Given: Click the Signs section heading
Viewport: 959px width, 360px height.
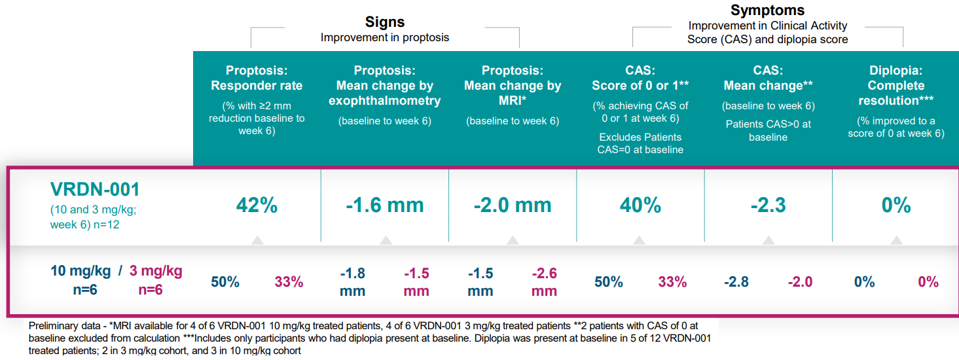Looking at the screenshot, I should point(384,22).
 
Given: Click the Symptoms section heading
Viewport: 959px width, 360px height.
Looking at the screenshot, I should point(767,10).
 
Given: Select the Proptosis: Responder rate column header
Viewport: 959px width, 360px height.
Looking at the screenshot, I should point(257,78).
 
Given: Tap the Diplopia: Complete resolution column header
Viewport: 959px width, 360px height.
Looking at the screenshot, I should point(896,85).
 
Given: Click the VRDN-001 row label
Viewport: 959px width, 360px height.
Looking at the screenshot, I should point(95,189).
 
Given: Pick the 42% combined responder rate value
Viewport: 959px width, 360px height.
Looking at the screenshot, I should point(257,206).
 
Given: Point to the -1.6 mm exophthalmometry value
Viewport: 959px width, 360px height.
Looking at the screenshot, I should point(385,206).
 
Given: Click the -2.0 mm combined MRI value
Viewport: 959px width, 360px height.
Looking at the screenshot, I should point(513,206).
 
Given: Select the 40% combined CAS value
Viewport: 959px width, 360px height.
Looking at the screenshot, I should point(640,206).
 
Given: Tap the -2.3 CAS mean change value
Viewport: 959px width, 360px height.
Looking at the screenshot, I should point(768,206).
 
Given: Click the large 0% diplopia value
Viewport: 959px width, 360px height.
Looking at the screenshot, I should point(896,206).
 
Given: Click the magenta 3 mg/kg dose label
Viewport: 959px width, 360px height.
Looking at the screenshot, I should point(156,271).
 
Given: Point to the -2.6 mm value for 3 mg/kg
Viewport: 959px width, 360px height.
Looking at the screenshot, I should point(544,281).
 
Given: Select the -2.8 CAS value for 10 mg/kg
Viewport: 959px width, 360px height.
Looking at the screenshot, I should point(736,282).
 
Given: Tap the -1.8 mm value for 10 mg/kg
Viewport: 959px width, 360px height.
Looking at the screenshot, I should point(352,281).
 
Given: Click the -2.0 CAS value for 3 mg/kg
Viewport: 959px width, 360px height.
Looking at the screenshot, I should point(800,282).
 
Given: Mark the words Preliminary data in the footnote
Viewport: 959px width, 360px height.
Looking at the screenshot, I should point(62,325).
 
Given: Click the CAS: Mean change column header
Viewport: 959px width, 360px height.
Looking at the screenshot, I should point(768,78).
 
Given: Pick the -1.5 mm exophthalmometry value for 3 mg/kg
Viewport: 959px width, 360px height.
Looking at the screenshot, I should point(416,281).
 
